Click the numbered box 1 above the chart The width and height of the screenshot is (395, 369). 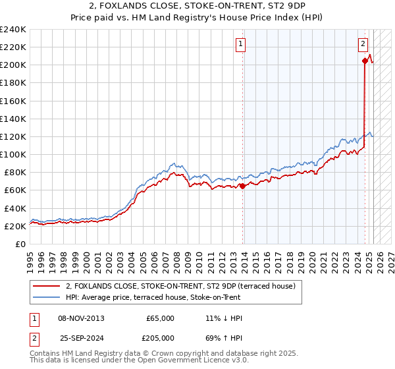point(241,45)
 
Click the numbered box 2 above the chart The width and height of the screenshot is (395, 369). point(363,45)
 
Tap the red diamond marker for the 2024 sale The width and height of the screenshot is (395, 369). point(365,61)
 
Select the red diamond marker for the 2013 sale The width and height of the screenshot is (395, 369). point(242,186)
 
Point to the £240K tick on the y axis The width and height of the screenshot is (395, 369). point(14,30)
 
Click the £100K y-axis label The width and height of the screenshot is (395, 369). point(14,154)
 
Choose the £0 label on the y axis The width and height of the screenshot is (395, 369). point(21,244)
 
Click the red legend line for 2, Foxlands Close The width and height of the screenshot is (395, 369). point(47,286)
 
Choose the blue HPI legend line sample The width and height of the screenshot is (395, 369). point(47,297)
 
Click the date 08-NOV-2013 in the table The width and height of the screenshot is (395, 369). point(81,318)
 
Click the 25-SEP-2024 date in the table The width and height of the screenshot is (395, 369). point(81,338)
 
